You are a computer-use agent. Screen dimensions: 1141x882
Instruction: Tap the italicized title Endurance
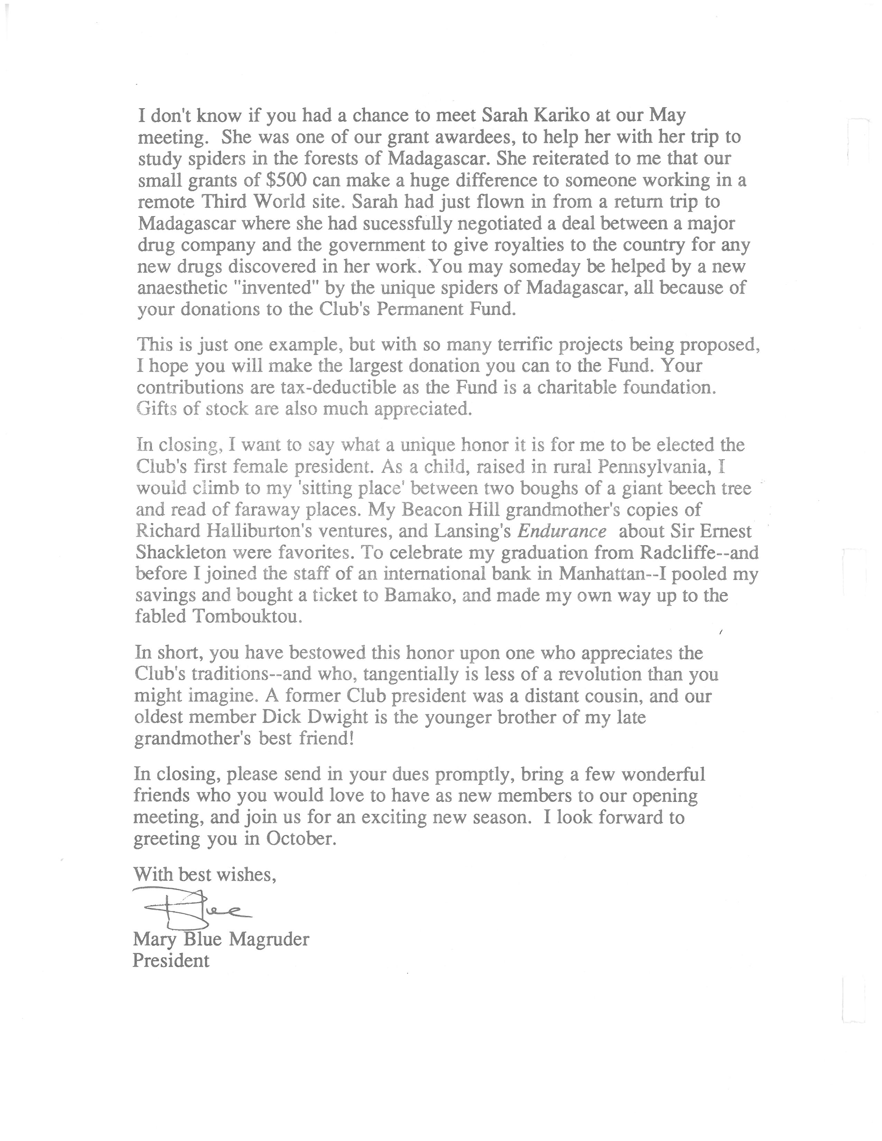[x=562, y=531]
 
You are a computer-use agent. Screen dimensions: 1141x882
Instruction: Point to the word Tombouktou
[x=247, y=616]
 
